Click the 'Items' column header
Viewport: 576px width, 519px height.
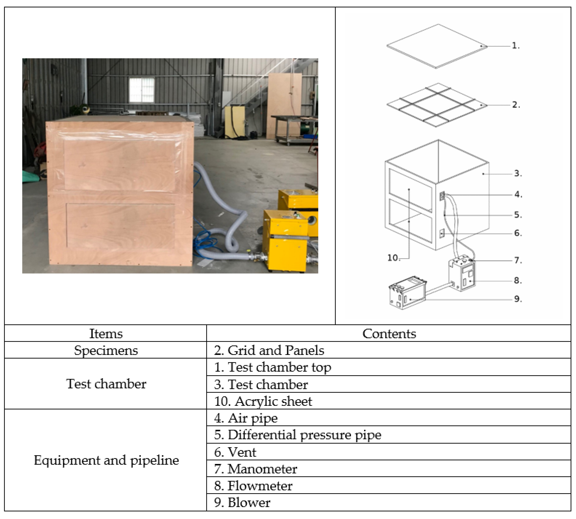pyautogui.click(x=106, y=333)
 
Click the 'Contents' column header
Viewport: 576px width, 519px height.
pyautogui.click(x=389, y=333)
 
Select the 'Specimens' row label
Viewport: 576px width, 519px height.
pyautogui.click(x=106, y=350)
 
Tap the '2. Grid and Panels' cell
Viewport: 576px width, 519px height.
pyautogui.click(x=269, y=350)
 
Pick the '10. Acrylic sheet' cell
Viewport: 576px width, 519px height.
pyautogui.click(x=263, y=401)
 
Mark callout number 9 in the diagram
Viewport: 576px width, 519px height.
pyautogui.click(x=518, y=299)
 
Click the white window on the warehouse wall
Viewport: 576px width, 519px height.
pyautogui.click(x=142, y=90)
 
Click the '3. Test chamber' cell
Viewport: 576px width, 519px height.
pyautogui.click(x=261, y=384)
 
